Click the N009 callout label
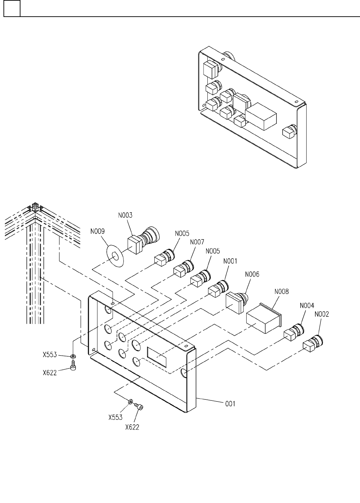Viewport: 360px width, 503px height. point(97,231)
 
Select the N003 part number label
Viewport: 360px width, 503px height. point(125,215)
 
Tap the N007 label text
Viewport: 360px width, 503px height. point(197,242)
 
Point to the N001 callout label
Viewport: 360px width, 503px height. point(230,261)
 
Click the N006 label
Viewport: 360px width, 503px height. point(252,274)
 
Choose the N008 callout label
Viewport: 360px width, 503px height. point(281,292)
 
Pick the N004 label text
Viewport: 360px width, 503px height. point(307,305)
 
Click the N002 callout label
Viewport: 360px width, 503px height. point(322,314)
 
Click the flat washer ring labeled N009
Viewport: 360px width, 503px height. point(115,256)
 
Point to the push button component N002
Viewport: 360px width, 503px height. point(313,343)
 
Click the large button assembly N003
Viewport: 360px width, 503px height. point(143,240)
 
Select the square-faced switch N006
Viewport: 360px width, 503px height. point(238,303)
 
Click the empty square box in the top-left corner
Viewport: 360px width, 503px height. point(12,8)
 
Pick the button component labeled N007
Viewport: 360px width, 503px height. point(183,269)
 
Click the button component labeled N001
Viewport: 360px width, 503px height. point(218,288)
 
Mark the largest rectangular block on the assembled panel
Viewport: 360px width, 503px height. point(261,116)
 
